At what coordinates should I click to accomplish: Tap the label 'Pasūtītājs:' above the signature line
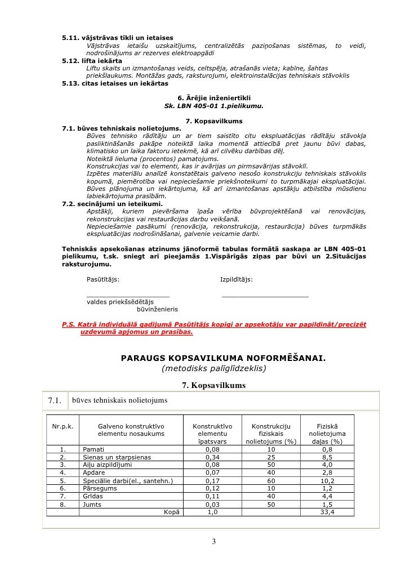tap(102, 280)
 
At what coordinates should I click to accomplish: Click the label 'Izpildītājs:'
tap(236, 280)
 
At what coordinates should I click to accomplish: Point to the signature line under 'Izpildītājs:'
tap(265, 296)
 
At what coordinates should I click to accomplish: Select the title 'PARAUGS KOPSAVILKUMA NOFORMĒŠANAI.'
tap(223, 358)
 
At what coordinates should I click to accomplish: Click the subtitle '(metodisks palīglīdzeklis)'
tap(213, 369)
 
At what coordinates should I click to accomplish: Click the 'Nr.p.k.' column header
tap(63, 426)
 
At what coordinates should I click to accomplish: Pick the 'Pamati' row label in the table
tap(93, 449)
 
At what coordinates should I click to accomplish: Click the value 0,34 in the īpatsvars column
tap(212, 457)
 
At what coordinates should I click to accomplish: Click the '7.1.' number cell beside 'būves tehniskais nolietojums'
tap(55, 401)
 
